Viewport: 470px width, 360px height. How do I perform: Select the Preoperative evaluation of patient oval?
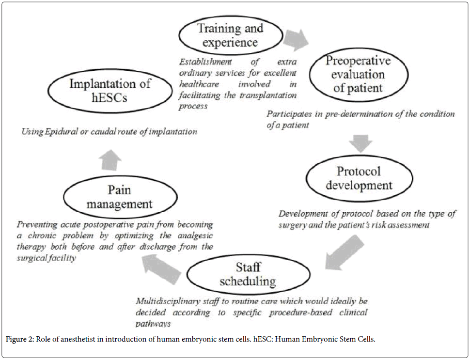tap(358, 74)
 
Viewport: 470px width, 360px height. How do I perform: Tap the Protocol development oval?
tap(359, 178)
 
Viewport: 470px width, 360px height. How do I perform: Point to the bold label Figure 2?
tap(20, 339)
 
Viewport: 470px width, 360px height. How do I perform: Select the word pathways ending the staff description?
tap(153, 323)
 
